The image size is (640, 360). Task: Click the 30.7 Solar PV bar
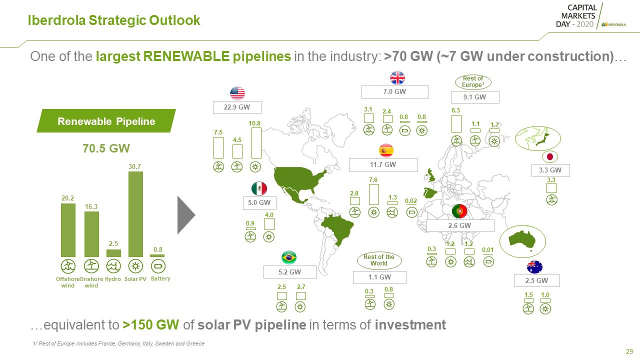[135, 214]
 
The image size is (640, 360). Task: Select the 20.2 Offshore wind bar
[68, 230]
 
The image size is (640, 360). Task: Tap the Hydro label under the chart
[113, 279]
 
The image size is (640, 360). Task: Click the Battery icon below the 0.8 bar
[158, 266]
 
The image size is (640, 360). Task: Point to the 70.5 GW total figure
[106, 148]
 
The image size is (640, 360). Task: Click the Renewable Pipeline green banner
[106, 120]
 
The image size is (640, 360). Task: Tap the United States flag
[237, 93]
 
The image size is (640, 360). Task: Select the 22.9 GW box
[237, 107]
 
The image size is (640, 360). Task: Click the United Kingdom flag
[397, 77]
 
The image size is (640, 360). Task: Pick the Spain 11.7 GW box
[383, 165]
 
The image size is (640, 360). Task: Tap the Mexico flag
[259, 188]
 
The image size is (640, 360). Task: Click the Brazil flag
[289, 257]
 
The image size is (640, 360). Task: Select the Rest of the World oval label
[379, 260]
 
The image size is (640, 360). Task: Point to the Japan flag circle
[549, 156]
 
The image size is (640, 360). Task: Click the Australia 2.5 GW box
[536, 280]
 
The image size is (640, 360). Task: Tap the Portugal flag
[459, 211]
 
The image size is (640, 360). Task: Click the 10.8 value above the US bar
[254, 123]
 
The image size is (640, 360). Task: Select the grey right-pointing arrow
[186, 215]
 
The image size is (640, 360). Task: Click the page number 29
[629, 351]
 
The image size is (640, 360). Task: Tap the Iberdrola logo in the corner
[613, 24]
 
